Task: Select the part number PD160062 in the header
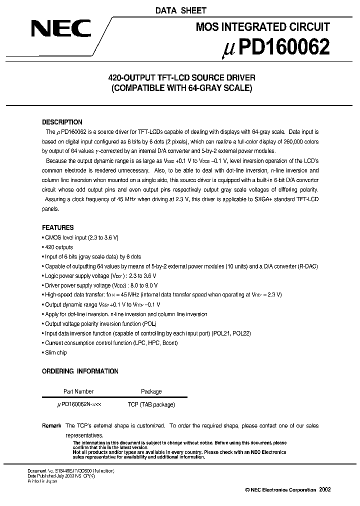click(278, 47)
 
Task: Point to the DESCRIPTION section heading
click(62, 122)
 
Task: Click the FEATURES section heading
click(57, 227)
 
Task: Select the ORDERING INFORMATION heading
click(80, 371)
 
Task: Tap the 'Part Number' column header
click(78, 391)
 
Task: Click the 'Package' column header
click(151, 391)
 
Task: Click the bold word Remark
click(51, 426)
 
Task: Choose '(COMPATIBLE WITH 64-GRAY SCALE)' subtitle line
click(182, 89)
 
